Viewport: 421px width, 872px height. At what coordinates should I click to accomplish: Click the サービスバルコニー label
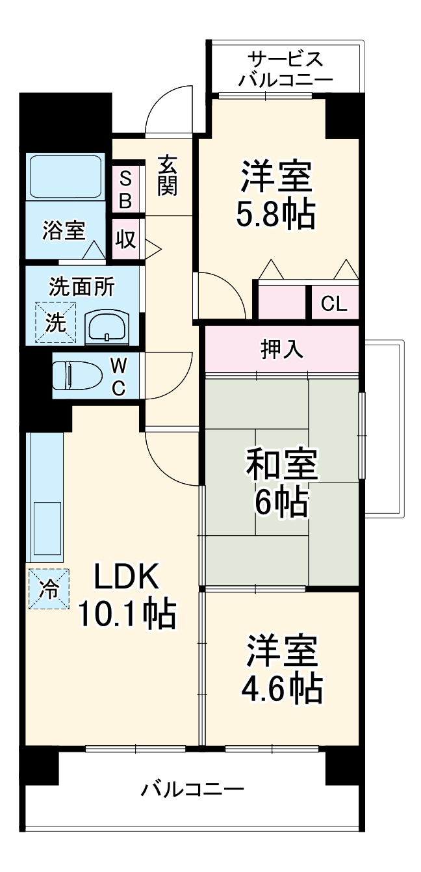[285, 70]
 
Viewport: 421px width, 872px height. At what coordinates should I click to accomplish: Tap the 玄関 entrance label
[167, 176]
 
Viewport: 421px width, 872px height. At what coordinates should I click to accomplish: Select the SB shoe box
[125, 189]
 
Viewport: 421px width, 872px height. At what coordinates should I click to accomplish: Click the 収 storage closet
[126, 239]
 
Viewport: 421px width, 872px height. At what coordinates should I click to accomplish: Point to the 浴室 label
[64, 231]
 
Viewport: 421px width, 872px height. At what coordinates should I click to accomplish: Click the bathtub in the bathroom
[65, 176]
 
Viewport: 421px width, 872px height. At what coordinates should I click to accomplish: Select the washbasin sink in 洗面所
[108, 325]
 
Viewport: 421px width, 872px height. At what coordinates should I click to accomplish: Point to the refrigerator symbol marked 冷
[49, 589]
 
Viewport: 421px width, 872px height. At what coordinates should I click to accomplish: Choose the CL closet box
[335, 304]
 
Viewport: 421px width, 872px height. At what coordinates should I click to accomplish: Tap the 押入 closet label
[282, 349]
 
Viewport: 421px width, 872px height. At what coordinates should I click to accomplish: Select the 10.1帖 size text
[127, 613]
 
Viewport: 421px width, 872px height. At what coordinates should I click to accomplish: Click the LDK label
[127, 575]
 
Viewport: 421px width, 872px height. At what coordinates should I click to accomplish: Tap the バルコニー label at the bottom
[193, 791]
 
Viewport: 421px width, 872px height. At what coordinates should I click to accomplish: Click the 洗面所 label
[82, 287]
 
